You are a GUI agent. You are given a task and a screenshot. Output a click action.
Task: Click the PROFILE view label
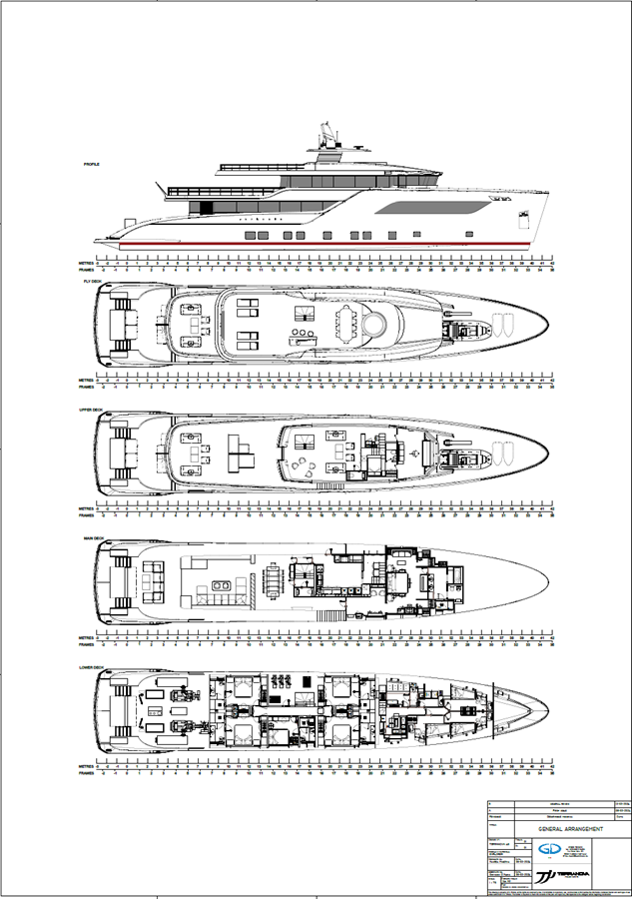pos(92,163)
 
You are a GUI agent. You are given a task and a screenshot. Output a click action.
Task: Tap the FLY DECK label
pos(92,282)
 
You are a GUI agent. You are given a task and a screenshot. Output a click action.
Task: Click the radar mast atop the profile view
pos(326,135)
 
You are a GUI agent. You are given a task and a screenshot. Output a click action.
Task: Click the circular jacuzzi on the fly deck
pos(376,323)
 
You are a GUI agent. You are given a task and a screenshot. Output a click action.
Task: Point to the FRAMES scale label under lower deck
pos(87,772)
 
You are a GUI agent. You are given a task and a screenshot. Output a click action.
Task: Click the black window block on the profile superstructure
pos(208,206)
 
